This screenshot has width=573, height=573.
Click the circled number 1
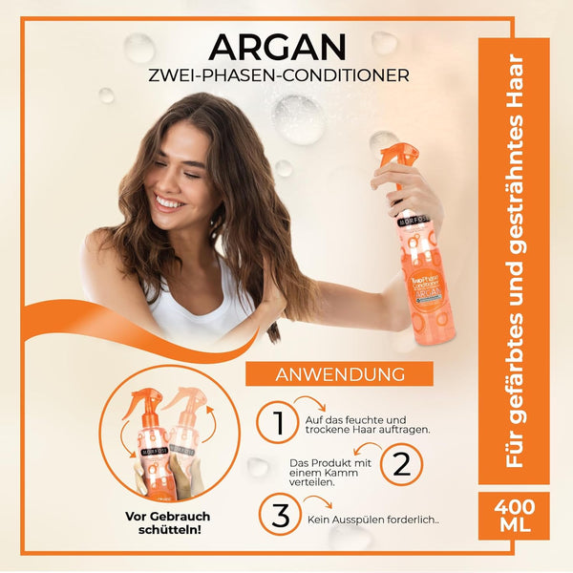pos(277,421)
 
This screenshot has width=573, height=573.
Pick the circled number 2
pos(401,466)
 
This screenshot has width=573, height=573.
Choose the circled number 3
pos(280,517)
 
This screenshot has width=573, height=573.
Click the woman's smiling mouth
pos(170,203)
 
